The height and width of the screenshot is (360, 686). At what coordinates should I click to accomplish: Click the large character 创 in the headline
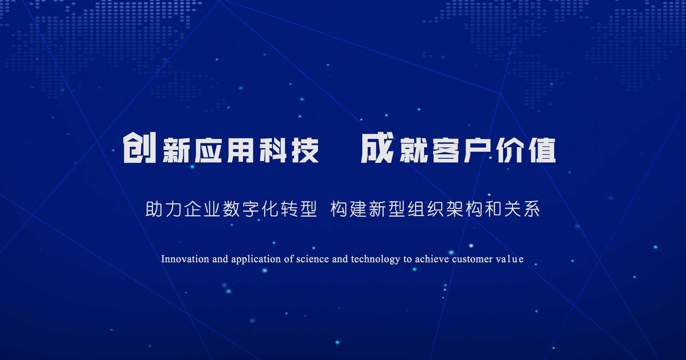pos(140,147)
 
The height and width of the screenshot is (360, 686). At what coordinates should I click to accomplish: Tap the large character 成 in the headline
pos(377,147)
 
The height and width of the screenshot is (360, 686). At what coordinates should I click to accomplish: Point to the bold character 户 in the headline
pos(478,150)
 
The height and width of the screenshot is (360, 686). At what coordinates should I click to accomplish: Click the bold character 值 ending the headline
pos(542,150)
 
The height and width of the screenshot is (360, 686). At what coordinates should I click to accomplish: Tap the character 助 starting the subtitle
pos(154,209)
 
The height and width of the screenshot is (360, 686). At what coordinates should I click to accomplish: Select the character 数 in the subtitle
pos(232,209)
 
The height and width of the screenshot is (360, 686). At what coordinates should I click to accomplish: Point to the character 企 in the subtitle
pos(193,209)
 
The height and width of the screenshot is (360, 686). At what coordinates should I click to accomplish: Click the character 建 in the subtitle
pos(358,209)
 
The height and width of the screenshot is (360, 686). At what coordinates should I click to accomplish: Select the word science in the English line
pos(313,259)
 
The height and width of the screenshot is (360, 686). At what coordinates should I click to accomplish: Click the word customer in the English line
pos(472,259)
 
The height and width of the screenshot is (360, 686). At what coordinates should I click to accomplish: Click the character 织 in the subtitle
pos(436,209)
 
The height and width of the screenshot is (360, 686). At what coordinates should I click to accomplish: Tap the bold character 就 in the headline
pos(413,150)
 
